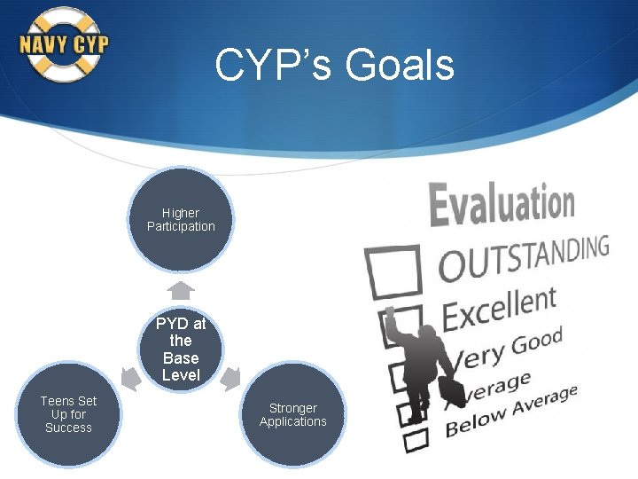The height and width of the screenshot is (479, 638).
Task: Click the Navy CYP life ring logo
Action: pos(64,44)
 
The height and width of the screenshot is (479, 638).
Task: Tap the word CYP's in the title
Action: pos(274,65)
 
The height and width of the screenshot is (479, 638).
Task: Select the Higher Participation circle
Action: pos(181,219)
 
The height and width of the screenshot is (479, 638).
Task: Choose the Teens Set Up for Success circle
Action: pos(68,414)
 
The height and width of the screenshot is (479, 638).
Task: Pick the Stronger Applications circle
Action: pos(292,414)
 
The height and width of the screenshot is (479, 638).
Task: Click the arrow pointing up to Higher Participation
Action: pos(181,290)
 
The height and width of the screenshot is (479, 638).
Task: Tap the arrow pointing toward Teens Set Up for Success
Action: pos(129,380)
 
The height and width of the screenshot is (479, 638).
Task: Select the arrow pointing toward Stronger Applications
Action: pos(230,380)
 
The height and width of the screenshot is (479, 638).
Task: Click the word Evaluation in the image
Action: pos(502,201)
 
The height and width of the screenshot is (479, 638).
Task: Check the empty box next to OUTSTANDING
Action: pos(394,271)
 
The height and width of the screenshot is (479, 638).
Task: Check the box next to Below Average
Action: pos(413,437)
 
